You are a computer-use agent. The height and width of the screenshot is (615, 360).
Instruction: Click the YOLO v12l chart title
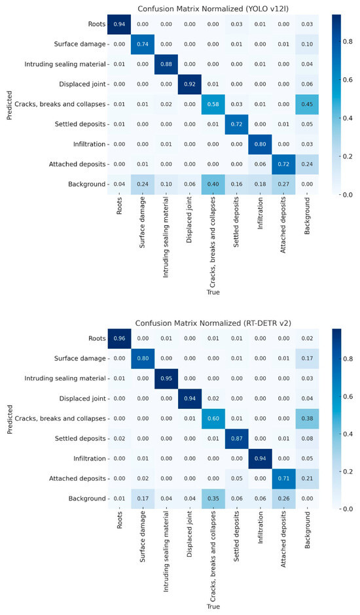[x=213, y=9]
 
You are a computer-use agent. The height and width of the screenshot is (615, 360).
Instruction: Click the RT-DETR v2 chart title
[x=213, y=323]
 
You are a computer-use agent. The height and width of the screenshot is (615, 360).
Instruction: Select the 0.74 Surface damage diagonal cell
[x=143, y=44]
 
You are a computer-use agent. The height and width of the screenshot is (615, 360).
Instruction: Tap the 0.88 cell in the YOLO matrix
[x=166, y=64]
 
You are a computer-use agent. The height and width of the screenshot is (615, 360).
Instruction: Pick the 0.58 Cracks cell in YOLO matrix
[x=213, y=104]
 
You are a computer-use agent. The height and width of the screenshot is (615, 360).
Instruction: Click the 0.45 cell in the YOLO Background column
[x=307, y=104]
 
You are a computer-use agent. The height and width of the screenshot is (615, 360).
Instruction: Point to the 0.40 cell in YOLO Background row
[x=213, y=184]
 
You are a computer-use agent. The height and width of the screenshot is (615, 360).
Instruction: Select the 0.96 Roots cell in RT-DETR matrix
[x=119, y=338]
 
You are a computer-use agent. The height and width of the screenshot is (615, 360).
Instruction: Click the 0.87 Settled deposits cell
[x=237, y=438]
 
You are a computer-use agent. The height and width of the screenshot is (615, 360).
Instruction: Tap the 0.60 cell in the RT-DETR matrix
[x=213, y=419]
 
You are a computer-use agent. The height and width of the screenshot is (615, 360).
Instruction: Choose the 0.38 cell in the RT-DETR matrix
[x=307, y=419]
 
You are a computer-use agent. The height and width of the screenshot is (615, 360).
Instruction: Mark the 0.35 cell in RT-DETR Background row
[x=213, y=499]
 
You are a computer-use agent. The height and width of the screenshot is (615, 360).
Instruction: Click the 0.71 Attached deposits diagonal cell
[x=283, y=478]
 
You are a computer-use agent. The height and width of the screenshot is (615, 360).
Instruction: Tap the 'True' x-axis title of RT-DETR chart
[x=213, y=606]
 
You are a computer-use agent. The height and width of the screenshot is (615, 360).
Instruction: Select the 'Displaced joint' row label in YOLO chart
[x=82, y=84]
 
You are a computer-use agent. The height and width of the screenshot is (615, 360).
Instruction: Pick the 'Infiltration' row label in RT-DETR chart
[x=90, y=459]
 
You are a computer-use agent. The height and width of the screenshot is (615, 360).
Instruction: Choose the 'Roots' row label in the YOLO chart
[x=97, y=24]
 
